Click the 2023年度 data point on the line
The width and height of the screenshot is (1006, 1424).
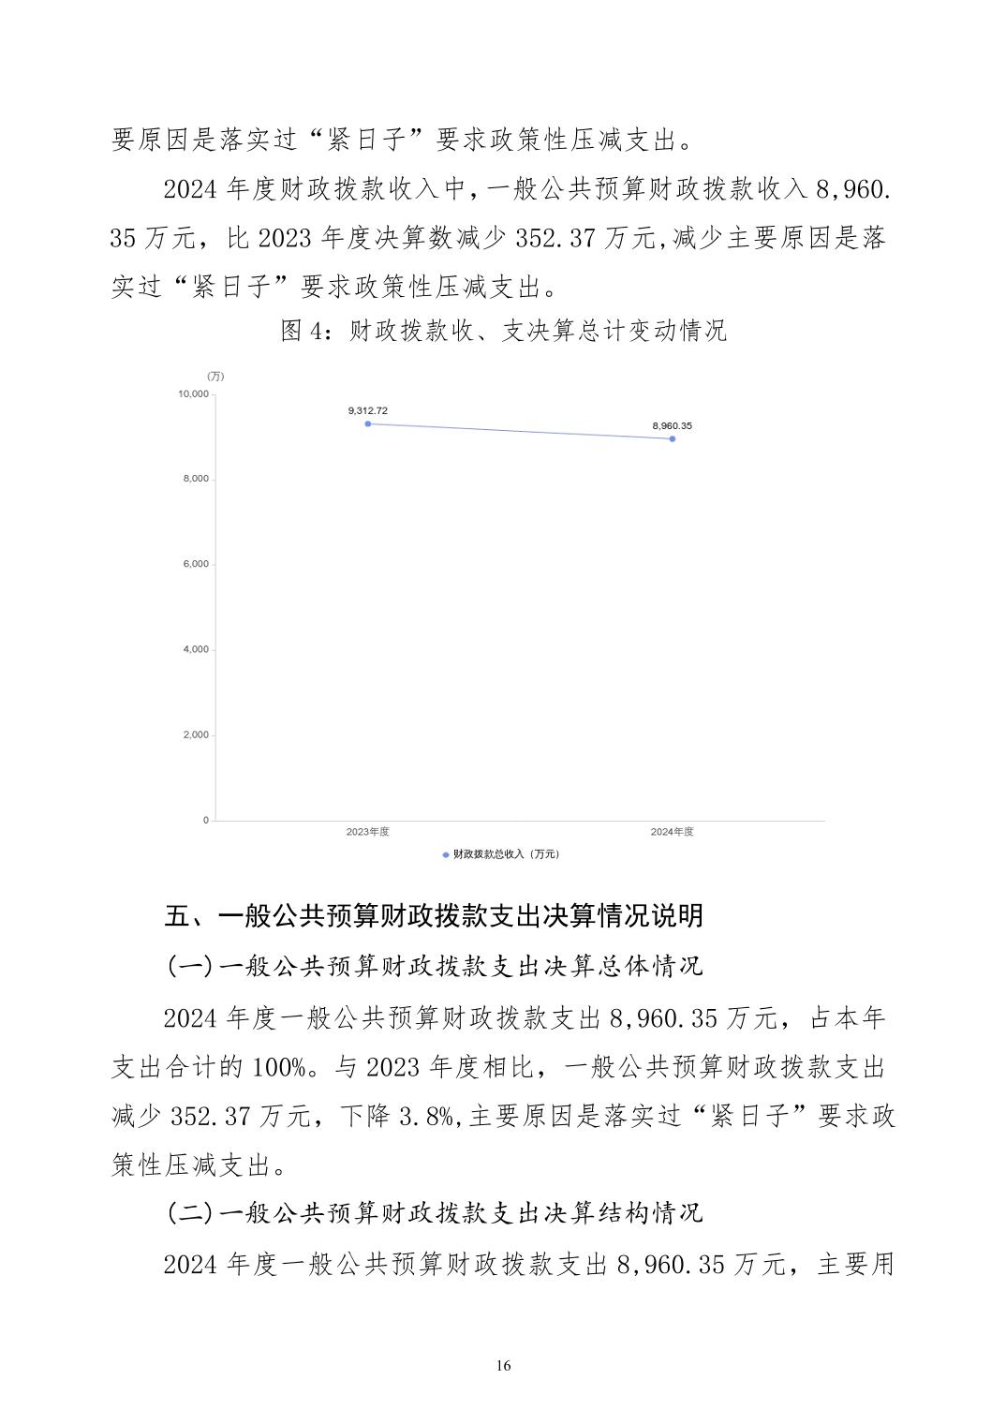pyautogui.click(x=368, y=423)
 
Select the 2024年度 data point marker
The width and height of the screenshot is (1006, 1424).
pyautogui.click(x=673, y=438)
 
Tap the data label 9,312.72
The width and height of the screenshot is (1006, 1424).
pyautogui.click(x=367, y=410)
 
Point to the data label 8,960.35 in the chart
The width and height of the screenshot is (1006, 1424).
pyautogui.click(x=672, y=425)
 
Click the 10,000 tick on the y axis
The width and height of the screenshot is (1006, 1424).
pyautogui.click(x=193, y=393)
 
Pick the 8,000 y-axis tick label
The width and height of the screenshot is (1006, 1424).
pyautogui.click(x=196, y=479)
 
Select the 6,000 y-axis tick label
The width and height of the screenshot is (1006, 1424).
pyautogui.click(x=196, y=564)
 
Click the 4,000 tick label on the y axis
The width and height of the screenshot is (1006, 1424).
pyautogui.click(x=196, y=649)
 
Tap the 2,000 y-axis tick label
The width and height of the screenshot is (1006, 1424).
pyautogui.click(x=196, y=734)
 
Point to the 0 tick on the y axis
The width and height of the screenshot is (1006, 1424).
pyautogui.click(x=206, y=820)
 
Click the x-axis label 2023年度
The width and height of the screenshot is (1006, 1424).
pyautogui.click(x=367, y=832)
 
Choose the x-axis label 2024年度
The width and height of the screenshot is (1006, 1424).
pyautogui.click(x=672, y=832)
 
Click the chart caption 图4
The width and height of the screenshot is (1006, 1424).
pyautogui.click(x=303, y=331)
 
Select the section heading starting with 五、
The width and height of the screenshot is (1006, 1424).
pyautogui.click(x=434, y=915)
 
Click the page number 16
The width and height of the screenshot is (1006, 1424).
pyautogui.click(x=503, y=1366)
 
